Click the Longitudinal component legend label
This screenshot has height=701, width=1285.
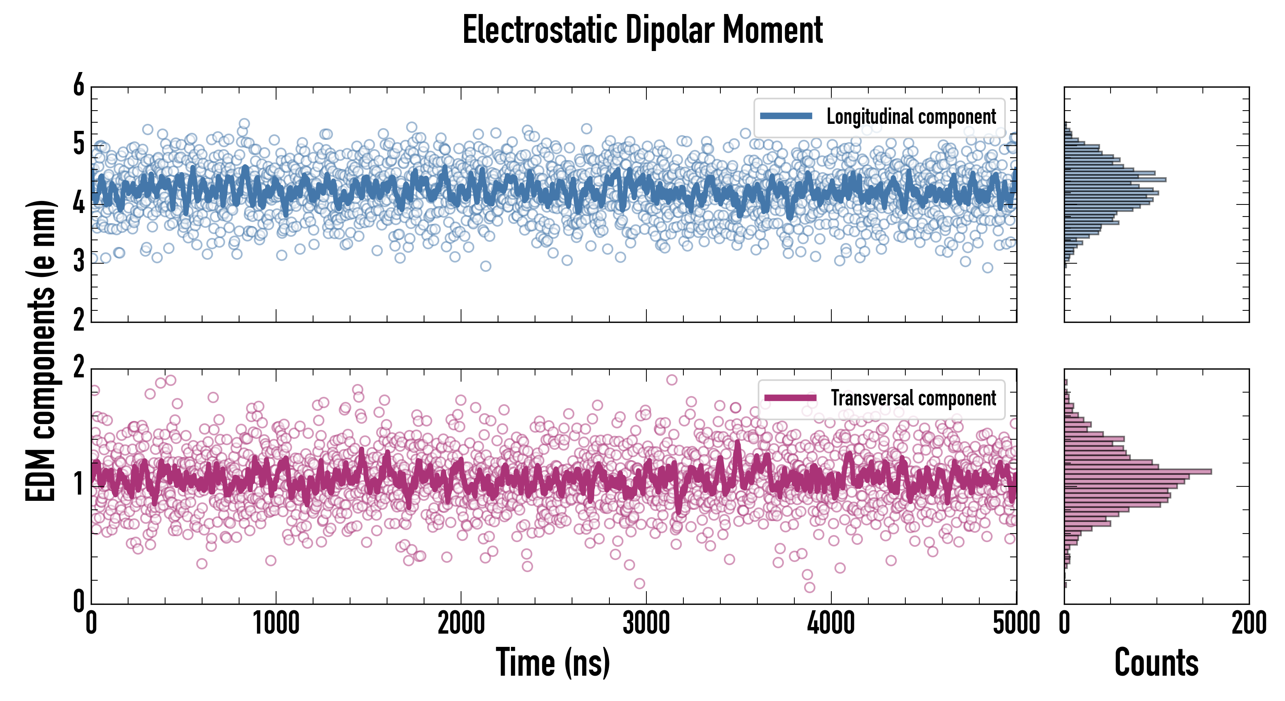click(911, 116)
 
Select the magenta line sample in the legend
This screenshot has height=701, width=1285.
click(790, 398)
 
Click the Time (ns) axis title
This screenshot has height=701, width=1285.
click(553, 662)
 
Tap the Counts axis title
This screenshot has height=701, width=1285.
click(1156, 662)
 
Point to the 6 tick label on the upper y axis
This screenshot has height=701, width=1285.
click(79, 86)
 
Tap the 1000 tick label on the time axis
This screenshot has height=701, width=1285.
click(276, 624)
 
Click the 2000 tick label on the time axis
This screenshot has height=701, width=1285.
click(461, 624)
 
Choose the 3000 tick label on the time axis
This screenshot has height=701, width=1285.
click(646, 624)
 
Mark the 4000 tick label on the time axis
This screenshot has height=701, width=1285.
click(831, 624)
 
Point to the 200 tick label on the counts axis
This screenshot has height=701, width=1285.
click(1248, 624)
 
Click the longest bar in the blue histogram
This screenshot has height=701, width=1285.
click(1115, 180)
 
